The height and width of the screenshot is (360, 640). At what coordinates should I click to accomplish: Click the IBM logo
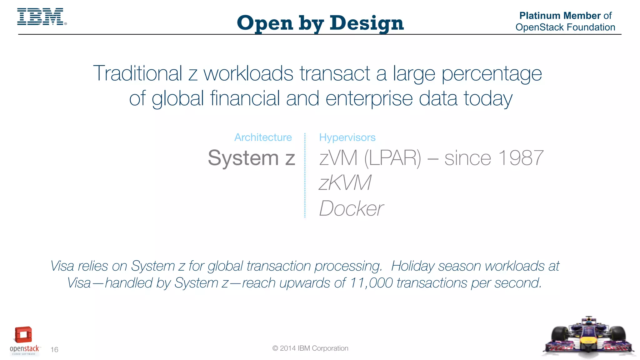(x=41, y=17)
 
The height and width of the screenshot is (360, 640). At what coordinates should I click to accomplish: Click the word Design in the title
(x=367, y=23)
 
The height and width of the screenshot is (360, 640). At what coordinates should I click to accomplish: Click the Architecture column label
(x=263, y=137)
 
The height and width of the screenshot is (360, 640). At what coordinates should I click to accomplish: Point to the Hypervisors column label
(x=347, y=137)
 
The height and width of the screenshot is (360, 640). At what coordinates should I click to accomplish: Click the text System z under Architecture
(x=251, y=158)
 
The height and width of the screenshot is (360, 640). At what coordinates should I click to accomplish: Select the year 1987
(x=521, y=158)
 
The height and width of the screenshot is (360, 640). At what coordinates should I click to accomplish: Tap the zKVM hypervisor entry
(x=345, y=183)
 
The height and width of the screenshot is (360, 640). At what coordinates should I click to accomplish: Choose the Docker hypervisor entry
(x=351, y=208)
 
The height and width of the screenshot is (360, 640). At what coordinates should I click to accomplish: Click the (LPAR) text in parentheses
(x=393, y=158)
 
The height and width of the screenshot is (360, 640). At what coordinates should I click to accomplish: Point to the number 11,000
(x=371, y=283)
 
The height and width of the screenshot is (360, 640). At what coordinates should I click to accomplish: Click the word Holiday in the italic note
(x=412, y=266)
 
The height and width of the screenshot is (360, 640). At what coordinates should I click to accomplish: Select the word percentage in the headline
(x=492, y=74)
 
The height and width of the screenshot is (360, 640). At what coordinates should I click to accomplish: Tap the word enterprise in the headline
(x=369, y=98)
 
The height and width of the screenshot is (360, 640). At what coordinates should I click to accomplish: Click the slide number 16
(x=54, y=350)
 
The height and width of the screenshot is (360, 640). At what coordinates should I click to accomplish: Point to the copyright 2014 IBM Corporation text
(x=310, y=348)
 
